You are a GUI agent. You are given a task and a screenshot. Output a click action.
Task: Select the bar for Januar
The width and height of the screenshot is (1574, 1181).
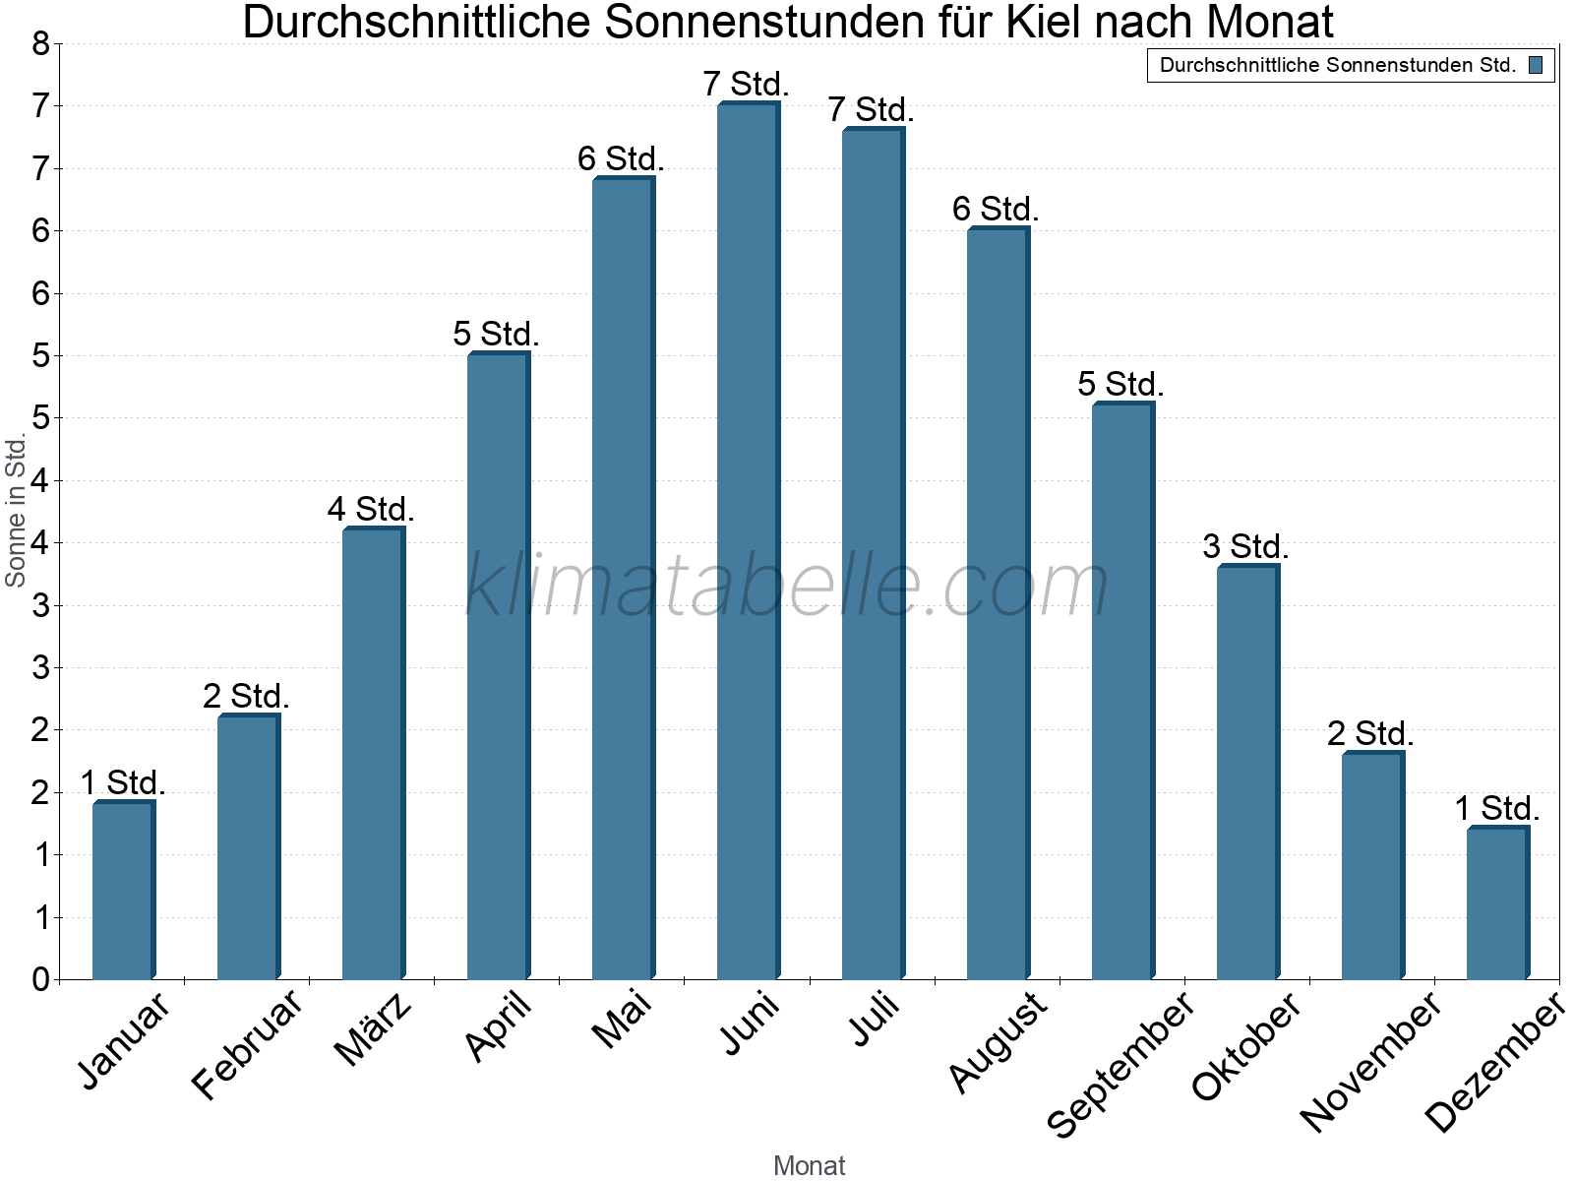pyautogui.click(x=123, y=891)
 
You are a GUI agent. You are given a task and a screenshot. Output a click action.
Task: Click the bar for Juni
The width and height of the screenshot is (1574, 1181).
pyautogui.click(x=748, y=541)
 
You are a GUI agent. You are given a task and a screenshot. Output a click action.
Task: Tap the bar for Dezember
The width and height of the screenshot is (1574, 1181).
pyautogui.click(x=1497, y=903)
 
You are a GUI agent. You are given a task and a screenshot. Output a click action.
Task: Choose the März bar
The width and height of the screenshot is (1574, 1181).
pyautogui.click(x=373, y=754)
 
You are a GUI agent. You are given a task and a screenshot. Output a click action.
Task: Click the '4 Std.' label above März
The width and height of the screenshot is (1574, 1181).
pyautogui.click(x=371, y=509)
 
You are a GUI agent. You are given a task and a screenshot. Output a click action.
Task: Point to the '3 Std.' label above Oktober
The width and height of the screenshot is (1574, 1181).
pyautogui.click(x=1245, y=546)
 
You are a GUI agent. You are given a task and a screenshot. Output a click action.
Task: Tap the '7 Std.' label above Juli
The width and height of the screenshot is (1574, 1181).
pyautogui.click(x=871, y=109)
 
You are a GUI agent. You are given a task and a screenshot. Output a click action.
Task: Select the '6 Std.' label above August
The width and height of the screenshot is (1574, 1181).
pyautogui.click(x=996, y=209)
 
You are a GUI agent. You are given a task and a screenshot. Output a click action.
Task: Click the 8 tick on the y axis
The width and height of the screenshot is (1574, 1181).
pyautogui.click(x=40, y=43)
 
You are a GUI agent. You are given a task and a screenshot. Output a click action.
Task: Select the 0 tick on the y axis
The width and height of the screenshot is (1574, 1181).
pyautogui.click(x=40, y=979)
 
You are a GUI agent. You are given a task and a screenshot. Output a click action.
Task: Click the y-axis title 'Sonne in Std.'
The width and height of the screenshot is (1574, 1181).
pyautogui.click(x=16, y=511)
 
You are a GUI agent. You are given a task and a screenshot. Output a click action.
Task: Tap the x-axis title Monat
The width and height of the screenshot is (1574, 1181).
pyautogui.click(x=809, y=1165)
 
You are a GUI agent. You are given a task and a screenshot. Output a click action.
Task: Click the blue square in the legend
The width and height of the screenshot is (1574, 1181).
pyautogui.click(x=1536, y=66)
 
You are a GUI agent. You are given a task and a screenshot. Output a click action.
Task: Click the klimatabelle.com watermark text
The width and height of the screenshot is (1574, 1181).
pyautogui.click(x=787, y=586)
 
